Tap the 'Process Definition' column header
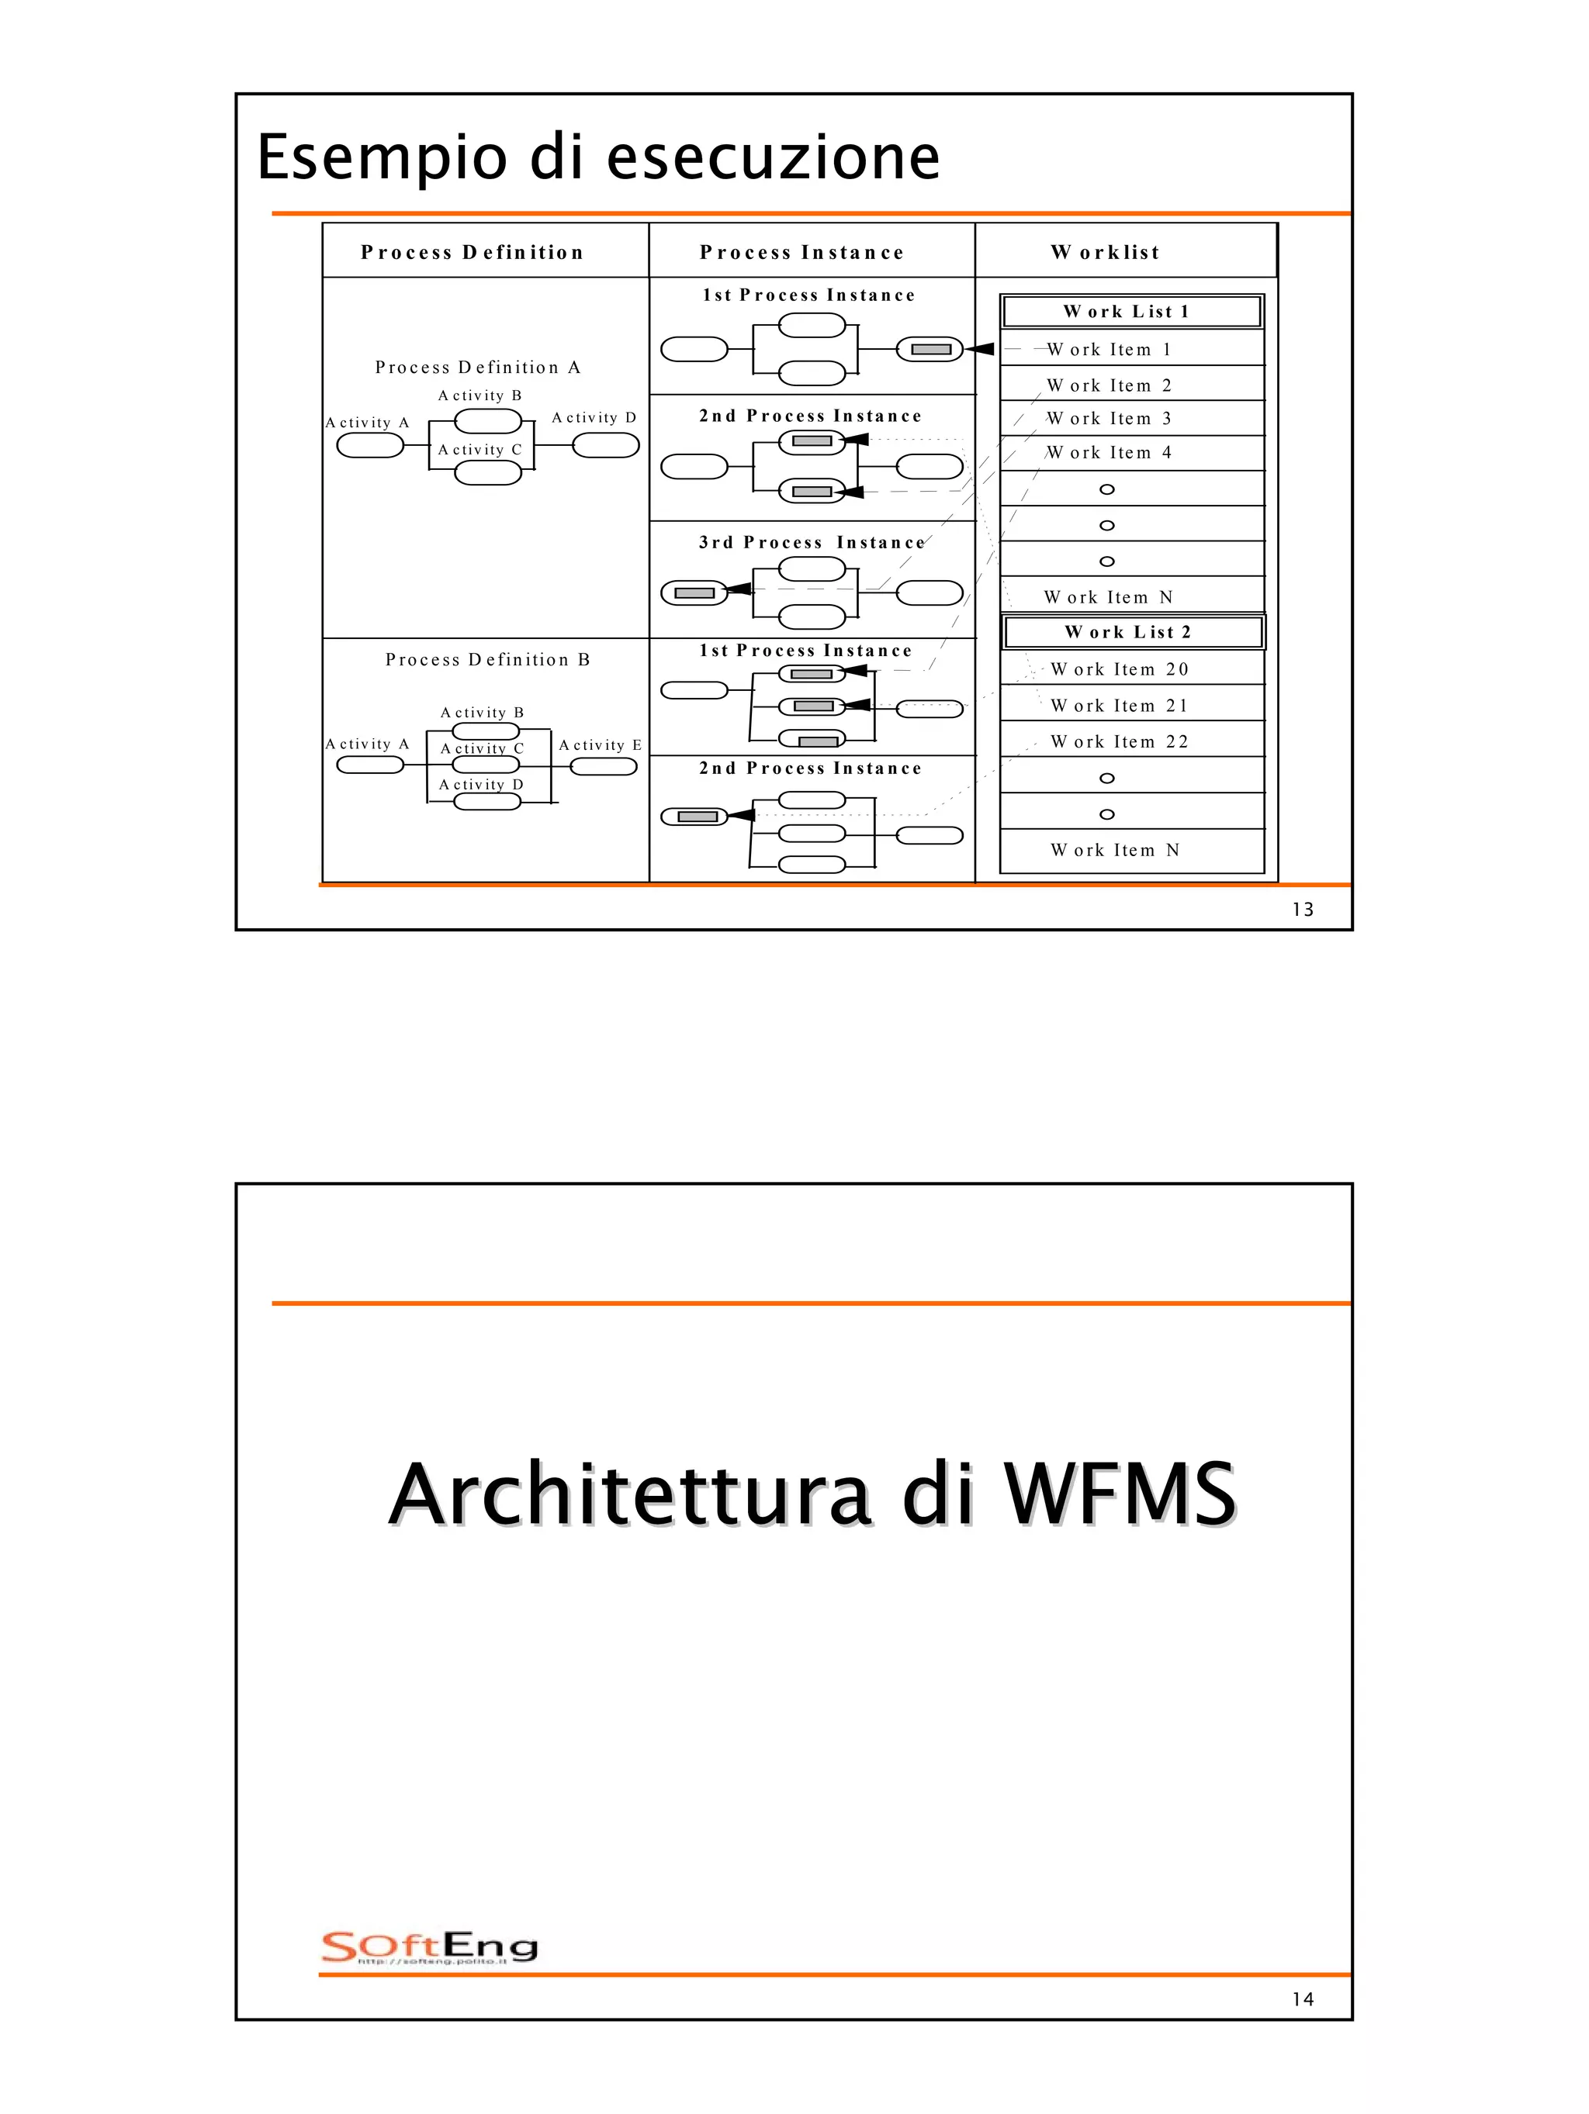click(x=471, y=252)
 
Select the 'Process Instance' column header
click(x=801, y=252)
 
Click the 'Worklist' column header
click(x=1105, y=252)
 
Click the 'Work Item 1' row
click(x=1109, y=350)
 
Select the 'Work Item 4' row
click(x=1109, y=453)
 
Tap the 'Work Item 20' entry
click(x=1119, y=669)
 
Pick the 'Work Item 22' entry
click(x=1119, y=741)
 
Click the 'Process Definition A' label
click(x=477, y=368)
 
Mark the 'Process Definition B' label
click(x=487, y=659)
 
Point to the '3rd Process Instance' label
click(x=812, y=543)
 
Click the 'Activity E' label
click(x=600, y=745)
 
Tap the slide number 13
click(x=1302, y=910)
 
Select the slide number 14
click(x=1302, y=1999)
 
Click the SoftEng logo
click(x=429, y=1946)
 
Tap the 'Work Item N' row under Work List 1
click(x=1108, y=597)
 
